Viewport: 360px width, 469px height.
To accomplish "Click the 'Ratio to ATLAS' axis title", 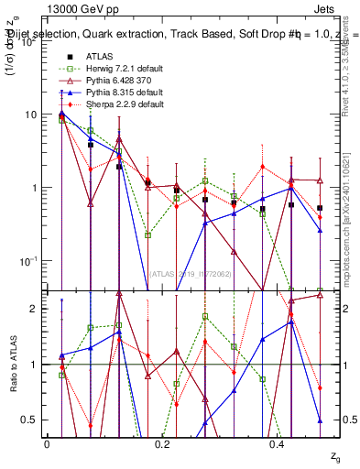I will pyautogui.click(x=12, y=365).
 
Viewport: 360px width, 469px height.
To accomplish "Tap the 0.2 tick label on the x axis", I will pyautogui.click(x=162, y=443).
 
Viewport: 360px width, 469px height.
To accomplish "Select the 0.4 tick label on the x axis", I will pyautogui.click(x=277, y=443).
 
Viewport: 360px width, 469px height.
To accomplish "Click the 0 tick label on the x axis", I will pyautogui.click(x=47, y=443).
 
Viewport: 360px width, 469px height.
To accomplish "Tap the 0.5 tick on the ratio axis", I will pyautogui.click(x=27, y=420).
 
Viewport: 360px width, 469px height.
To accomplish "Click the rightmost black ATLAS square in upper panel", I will pyautogui.click(x=319, y=208).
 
